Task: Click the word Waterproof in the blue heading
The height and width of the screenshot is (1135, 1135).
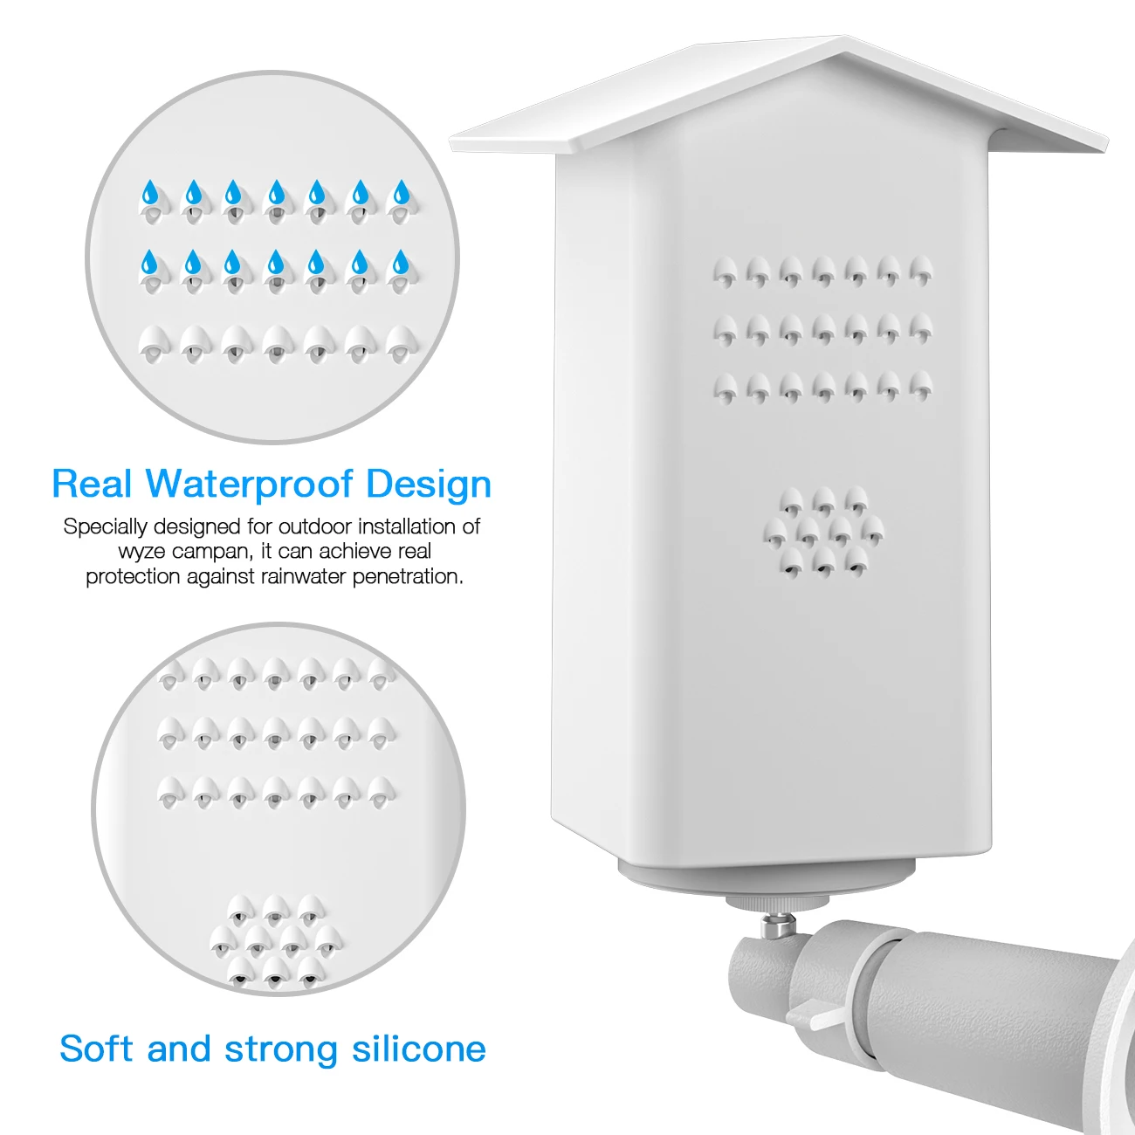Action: (x=255, y=485)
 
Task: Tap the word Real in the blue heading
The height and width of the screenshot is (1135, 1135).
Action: (x=91, y=484)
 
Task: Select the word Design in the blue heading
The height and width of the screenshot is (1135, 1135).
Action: (x=428, y=485)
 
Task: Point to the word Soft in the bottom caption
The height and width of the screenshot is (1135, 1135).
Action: (x=96, y=1049)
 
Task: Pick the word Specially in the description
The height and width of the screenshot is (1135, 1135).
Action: (x=105, y=527)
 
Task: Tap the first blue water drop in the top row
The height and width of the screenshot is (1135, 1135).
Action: (x=151, y=192)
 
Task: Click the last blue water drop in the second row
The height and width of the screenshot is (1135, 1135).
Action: (x=401, y=261)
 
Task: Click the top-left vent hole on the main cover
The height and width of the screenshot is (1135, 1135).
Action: (x=725, y=274)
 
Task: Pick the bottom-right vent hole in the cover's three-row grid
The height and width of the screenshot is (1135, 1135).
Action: (x=920, y=385)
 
